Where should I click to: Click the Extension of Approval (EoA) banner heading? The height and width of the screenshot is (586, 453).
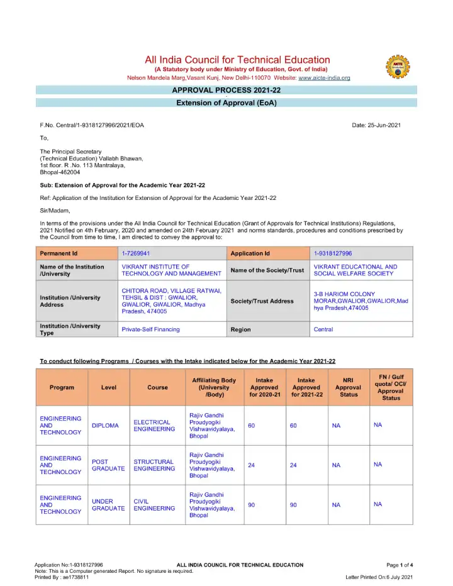[x=226, y=102]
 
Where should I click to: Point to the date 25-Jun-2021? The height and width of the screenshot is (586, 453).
[x=377, y=126]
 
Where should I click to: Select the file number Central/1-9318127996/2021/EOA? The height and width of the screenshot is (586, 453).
[x=92, y=126]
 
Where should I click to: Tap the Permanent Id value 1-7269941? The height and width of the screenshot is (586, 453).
[x=135, y=253]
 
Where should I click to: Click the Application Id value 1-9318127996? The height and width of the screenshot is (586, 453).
[x=333, y=253]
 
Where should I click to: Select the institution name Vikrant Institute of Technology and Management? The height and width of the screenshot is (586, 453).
[x=171, y=270]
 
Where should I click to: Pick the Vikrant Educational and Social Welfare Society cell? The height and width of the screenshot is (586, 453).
[x=355, y=270]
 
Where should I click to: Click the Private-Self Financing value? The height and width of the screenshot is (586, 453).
[x=150, y=329]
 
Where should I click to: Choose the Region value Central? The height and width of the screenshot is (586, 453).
[x=323, y=329]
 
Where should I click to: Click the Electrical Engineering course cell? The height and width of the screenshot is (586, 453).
[x=154, y=426]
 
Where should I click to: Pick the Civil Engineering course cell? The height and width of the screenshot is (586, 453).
[x=154, y=505]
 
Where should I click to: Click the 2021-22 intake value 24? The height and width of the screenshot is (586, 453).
[x=293, y=465]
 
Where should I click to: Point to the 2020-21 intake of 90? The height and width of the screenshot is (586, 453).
[x=252, y=505]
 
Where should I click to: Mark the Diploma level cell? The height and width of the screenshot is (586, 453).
[x=105, y=426]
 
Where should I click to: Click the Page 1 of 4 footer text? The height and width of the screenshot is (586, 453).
[x=400, y=565]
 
